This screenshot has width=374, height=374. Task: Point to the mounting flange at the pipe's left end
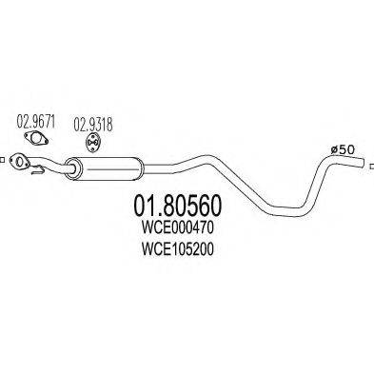point(20,164)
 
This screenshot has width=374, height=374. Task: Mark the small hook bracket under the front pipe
point(36,173)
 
